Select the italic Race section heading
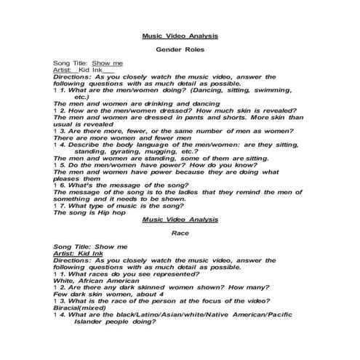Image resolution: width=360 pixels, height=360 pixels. [180, 233]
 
